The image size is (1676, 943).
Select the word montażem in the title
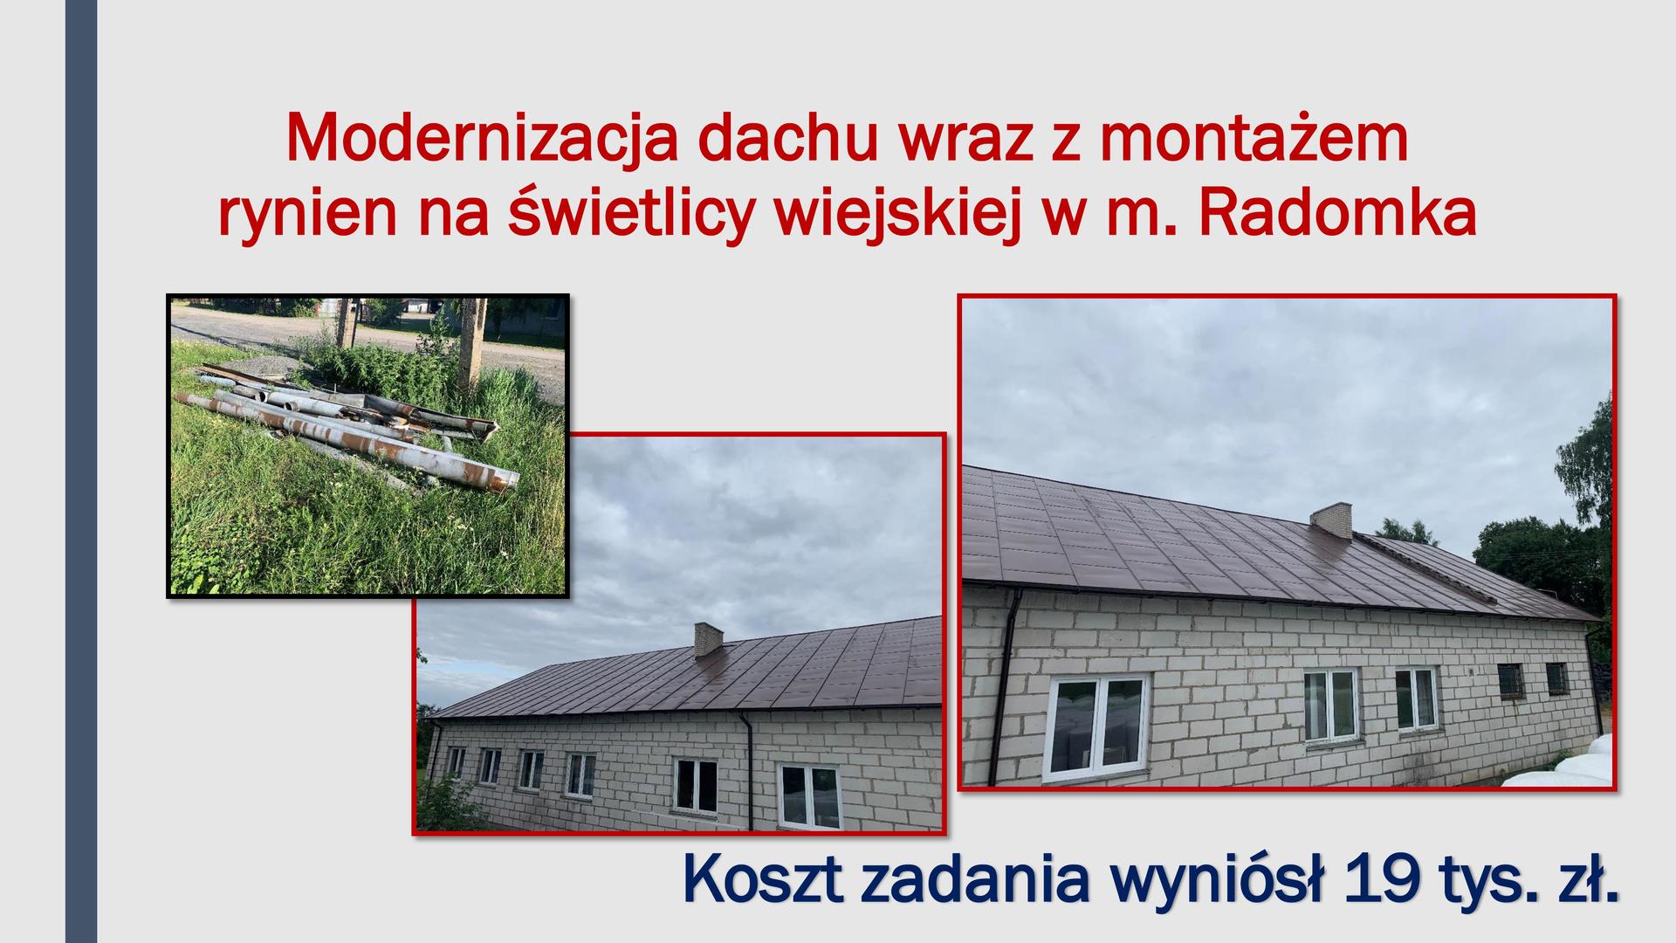coord(1254,138)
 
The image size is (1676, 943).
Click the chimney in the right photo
coord(1330,520)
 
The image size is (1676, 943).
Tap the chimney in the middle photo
coord(708,639)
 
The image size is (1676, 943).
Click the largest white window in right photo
coord(1096,726)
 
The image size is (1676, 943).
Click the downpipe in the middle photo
coord(748,768)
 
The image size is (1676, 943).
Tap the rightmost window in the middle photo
coord(809,795)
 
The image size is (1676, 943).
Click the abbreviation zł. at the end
coord(1585,880)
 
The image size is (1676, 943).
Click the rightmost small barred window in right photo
coord(1556,678)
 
